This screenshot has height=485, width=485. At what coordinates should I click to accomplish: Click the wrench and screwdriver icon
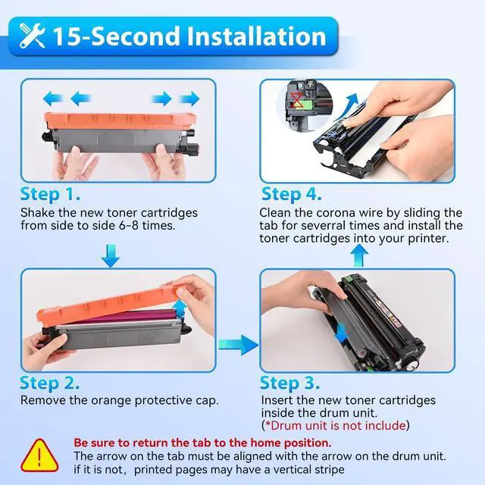click(32, 36)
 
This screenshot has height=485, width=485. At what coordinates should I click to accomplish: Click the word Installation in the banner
click(257, 36)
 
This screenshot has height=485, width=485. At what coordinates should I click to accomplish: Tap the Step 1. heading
click(50, 195)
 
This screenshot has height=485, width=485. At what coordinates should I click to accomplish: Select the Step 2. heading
click(49, 383)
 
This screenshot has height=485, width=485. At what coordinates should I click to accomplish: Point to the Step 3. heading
click(289, 383)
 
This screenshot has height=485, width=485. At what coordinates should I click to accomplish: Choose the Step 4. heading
click(291, 195)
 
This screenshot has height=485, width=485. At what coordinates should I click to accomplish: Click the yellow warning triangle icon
click(39, 456)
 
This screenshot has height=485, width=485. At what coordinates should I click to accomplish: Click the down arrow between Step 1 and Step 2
click(111, 256)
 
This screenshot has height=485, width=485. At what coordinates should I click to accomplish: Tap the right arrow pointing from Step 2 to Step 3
click(239, 345)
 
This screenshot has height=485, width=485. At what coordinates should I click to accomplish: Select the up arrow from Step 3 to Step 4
click(359, 255)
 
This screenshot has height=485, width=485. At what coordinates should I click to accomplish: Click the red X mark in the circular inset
click(297, 99)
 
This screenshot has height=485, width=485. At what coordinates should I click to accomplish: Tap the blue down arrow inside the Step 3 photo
click(341, 333)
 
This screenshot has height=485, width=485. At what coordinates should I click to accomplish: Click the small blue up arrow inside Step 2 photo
click(180, 308)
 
